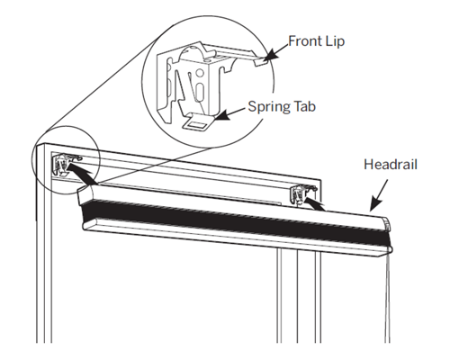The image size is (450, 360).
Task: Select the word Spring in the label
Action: tap(269, 107)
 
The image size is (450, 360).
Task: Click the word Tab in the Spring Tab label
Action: tap(304, 106)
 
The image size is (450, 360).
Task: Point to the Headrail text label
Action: tap(391, 165)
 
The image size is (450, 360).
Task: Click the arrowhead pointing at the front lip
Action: tap(272, 55)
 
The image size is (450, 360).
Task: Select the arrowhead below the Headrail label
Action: tap(375, 204)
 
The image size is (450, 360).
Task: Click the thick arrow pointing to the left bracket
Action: tap(81, 173)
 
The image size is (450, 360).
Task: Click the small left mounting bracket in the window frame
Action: tap(66, 164)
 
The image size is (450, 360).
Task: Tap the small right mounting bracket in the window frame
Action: tap(301, 195)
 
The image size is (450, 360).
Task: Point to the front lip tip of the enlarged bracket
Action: tap(260, 62)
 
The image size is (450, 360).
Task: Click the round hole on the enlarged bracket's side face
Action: tap(198, 73)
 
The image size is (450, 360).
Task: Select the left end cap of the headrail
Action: tap(85, 195)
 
